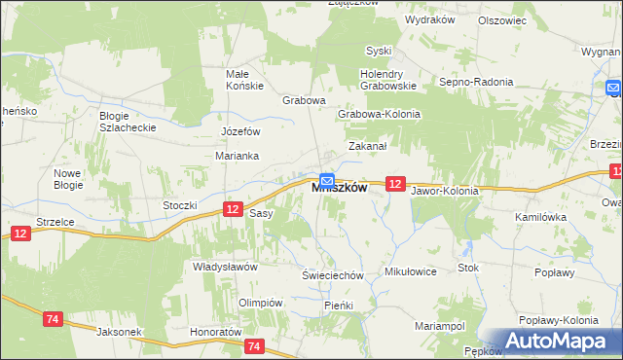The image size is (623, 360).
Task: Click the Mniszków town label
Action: pyautogui.click(x=339, y=189)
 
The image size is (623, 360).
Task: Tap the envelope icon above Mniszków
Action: pyautogui.click(x=328, y=180)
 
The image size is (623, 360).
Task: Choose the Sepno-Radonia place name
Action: pyautogui.click(x=476, y=82)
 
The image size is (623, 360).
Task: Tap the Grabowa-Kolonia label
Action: pyautogui.click(x=379, y=114)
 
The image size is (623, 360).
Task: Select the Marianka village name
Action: pyautogui.click(x=235, y=155)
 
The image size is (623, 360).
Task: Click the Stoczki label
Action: pyautogui.click(x=180, y=205)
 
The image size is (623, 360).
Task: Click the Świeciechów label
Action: pyautogui.click(x=332, y=275)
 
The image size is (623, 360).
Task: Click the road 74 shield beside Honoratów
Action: pyautogui.click(x=255, y=345)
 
